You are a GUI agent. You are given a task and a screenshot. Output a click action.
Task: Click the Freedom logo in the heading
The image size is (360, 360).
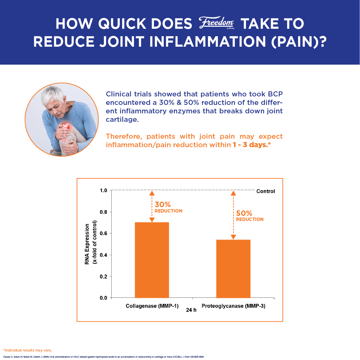(216, 23)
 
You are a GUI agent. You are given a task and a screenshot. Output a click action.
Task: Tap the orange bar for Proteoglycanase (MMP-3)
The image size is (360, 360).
(233, 269)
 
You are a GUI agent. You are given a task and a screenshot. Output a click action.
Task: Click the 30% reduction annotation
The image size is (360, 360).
(168, 207)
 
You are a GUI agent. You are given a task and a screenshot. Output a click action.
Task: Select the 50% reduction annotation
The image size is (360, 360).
(250, 216)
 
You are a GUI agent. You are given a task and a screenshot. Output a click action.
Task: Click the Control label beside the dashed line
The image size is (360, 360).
(266, 191)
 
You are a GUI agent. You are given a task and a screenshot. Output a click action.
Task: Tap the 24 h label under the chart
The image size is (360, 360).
(191, 310)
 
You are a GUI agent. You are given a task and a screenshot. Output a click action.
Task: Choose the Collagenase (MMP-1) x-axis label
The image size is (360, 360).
(152, 306)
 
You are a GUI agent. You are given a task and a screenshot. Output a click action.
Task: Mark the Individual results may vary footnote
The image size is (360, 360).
(27, 350)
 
